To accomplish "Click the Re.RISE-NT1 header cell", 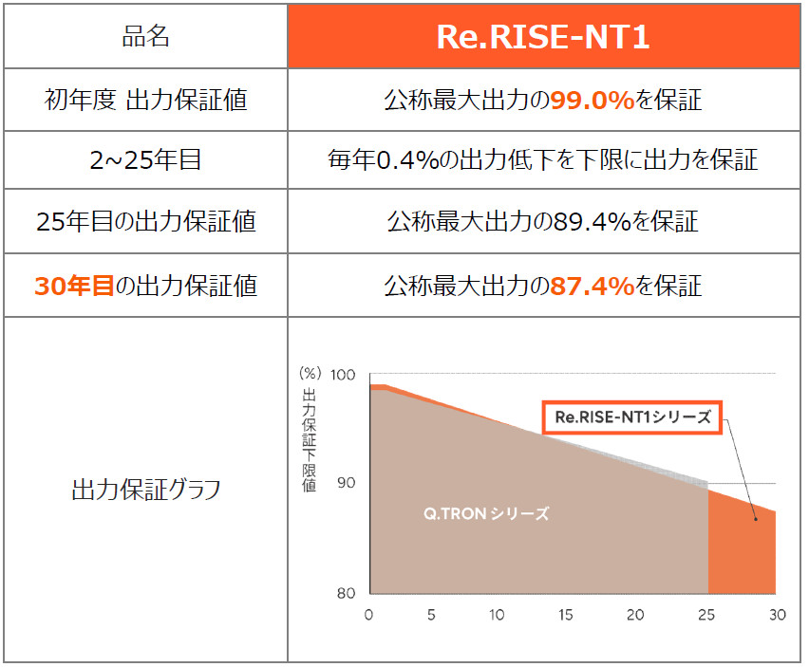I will point(544,37).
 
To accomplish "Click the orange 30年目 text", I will point(73,285).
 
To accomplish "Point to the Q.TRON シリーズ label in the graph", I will point(486,514).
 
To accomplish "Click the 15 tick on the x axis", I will point(566,615).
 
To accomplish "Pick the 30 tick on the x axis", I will point(777,615).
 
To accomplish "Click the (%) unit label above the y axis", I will point(310,374).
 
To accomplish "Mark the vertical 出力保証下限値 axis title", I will point(310,438).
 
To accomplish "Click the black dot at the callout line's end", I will point(756,519).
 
